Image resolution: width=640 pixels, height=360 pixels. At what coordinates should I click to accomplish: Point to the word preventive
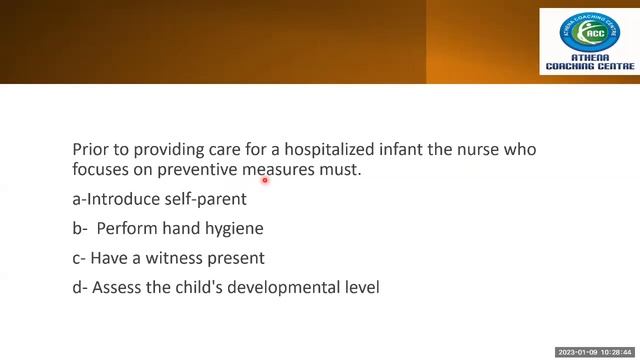pyautogui.click(x=192, y=170)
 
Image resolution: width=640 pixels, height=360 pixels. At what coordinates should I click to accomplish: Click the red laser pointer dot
pyautogui.click(x=265, y=181)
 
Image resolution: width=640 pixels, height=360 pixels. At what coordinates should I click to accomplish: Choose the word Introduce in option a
pyautogui.click(x=122, y=199)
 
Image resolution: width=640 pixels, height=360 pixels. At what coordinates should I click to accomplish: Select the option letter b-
pyautogui.click(x=80, y=228)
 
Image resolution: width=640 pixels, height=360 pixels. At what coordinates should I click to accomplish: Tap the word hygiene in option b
pyautogui.click(x=234, y=228)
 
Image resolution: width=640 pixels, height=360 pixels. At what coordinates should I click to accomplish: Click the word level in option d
pyautogui.click(x=361, y=288)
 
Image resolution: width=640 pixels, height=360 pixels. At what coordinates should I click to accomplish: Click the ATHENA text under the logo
pyautogui.click(x=589, y=58)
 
